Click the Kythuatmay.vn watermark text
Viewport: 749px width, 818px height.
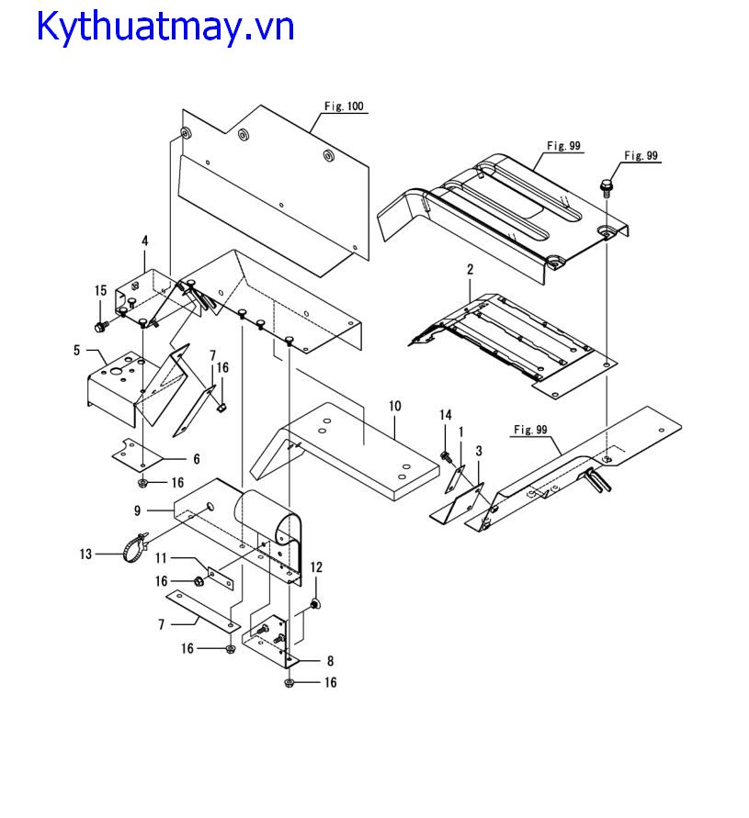tap(165, 27)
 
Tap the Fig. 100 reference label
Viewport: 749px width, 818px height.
tap(345, 106)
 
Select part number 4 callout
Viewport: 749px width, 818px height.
tap(144, 241)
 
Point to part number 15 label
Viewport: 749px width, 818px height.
tap(101, 291)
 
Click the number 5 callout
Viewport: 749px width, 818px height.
tap(77, 349)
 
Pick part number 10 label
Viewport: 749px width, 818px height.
tap(395, 404)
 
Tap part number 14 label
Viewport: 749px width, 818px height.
tap(446, 415)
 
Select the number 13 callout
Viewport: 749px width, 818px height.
tap(86, 554)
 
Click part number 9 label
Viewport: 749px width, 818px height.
tap(138, 510)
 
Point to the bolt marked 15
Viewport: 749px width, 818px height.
tap(101, 325)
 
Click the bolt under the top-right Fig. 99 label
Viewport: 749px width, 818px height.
tap(607, 188)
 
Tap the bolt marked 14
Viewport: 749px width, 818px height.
tap(447, 454)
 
